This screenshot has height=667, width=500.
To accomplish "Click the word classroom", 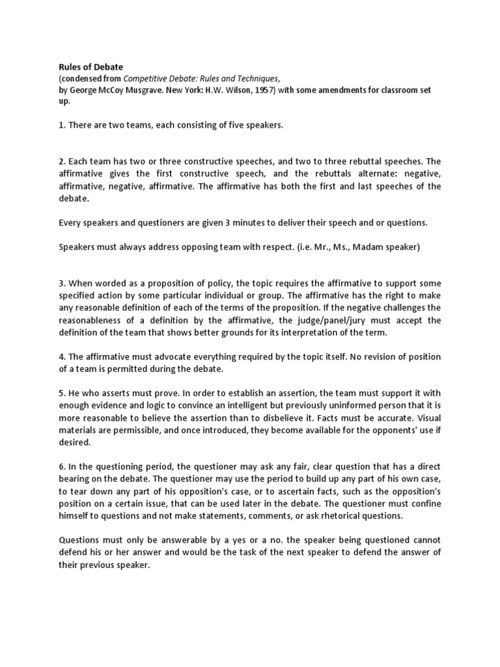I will click(387, 90).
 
